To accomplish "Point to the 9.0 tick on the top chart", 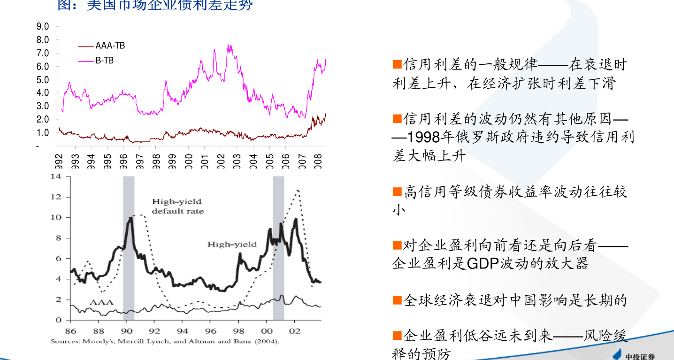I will [x=43, y=27].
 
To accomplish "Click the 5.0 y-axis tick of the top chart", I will [x=43, y=80].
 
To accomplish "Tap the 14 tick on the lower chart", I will [x=56, y=177].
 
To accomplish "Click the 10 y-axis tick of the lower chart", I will [x=56, y=217].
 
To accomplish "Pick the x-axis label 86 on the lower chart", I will [x=70, y=330].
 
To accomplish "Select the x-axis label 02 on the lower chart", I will [x=295, y=330].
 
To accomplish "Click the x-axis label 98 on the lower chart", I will [x=238, y=330].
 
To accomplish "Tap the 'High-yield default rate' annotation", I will [x=177, y=207].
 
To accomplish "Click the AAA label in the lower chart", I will [x=102, y=302].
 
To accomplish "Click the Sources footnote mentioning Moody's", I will [x=165, y=342].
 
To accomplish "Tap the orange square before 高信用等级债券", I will [x=397, y=191].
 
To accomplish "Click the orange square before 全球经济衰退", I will [x=397, y=299].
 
